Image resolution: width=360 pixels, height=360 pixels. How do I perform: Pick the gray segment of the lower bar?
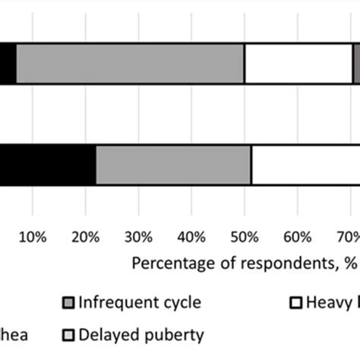click(173, 163)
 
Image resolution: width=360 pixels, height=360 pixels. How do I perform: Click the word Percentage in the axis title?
click(171, 264)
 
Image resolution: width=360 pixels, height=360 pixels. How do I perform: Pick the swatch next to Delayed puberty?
click(67, 335)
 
